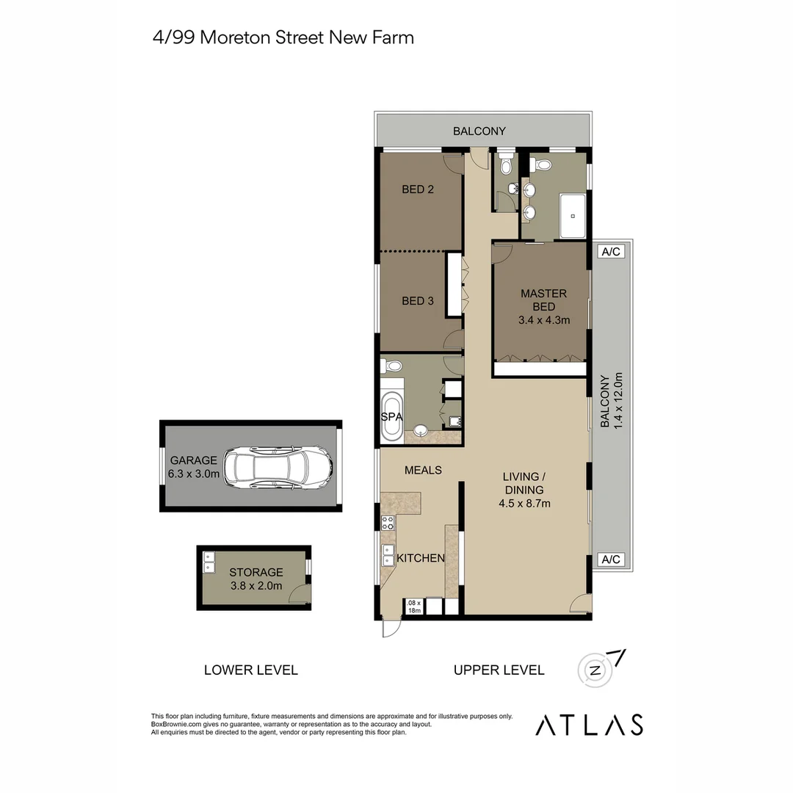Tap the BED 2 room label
click(418, 189)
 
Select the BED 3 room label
click(418, 300)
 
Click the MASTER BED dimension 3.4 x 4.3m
click(543, 319)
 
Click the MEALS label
click(423, 470)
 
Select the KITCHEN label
click(421, 558)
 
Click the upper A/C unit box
click(611, 252)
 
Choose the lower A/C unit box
click(611, 560)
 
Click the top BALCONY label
click(479, 131)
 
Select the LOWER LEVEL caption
click(250, 670)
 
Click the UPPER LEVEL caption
click(499, 670)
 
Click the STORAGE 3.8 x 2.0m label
click(256, 579)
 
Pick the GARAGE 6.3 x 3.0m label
click(194, 467)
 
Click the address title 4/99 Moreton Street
click(283, 37)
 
